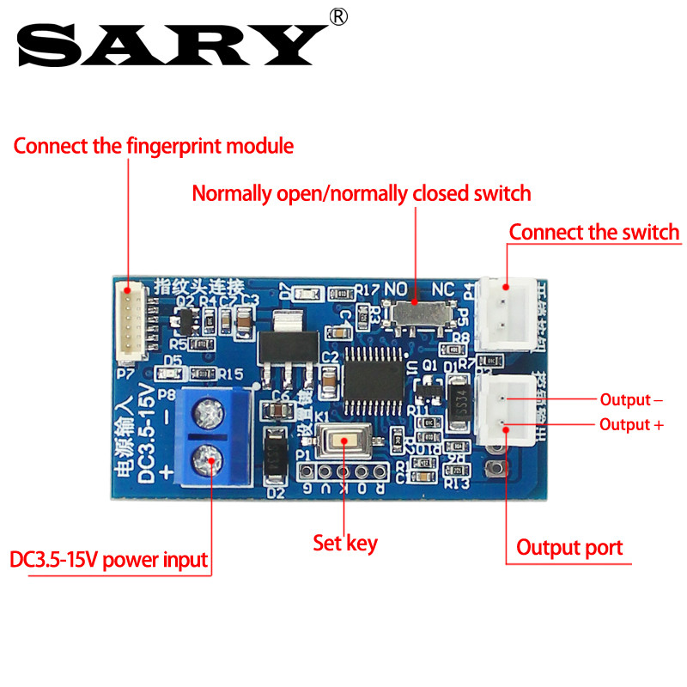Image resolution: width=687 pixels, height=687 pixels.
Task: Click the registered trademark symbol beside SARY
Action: coord(339,16)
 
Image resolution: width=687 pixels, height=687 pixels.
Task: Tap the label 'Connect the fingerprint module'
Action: coord(153,146)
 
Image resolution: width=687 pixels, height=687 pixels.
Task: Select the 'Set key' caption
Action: coord(344,543)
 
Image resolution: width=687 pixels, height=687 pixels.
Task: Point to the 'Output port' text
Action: coord(569,547)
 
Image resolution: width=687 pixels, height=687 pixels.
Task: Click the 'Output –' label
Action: coord(631,399)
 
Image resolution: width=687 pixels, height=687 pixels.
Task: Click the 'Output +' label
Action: coord(631,424)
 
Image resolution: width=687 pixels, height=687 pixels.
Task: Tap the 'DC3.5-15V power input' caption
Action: coord(109,561)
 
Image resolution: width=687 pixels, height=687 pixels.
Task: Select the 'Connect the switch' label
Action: coord(593,233)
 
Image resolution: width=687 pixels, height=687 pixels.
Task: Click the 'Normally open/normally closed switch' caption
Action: coord(362,193)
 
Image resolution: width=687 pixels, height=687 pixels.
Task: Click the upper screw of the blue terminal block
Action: coord(206,415)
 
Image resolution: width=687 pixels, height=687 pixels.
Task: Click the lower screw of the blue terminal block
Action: coord(206,461)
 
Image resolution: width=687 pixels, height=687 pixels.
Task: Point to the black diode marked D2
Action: coord(275,458)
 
